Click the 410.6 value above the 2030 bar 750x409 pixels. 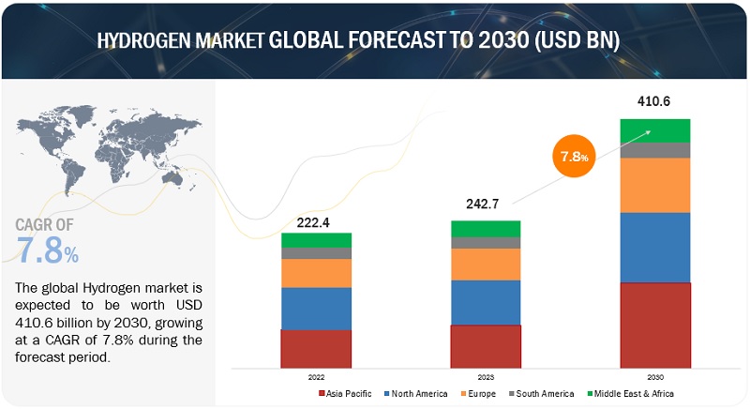pyautogui.click(x=654, y=100)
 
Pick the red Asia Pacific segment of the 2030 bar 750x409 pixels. pyautogui.click(x=655, y=324)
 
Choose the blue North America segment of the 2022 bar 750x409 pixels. pyautogui.click(x=316, y=309)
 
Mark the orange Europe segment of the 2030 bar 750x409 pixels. pyautogui.click(x=655, y=185)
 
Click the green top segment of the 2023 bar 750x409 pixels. pyautogui.click(x=486, y=229)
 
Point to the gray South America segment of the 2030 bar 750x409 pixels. pyautogui.click(x=655, y=150)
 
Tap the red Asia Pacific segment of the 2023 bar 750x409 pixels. pyautogui.click(x=486, y=345)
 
